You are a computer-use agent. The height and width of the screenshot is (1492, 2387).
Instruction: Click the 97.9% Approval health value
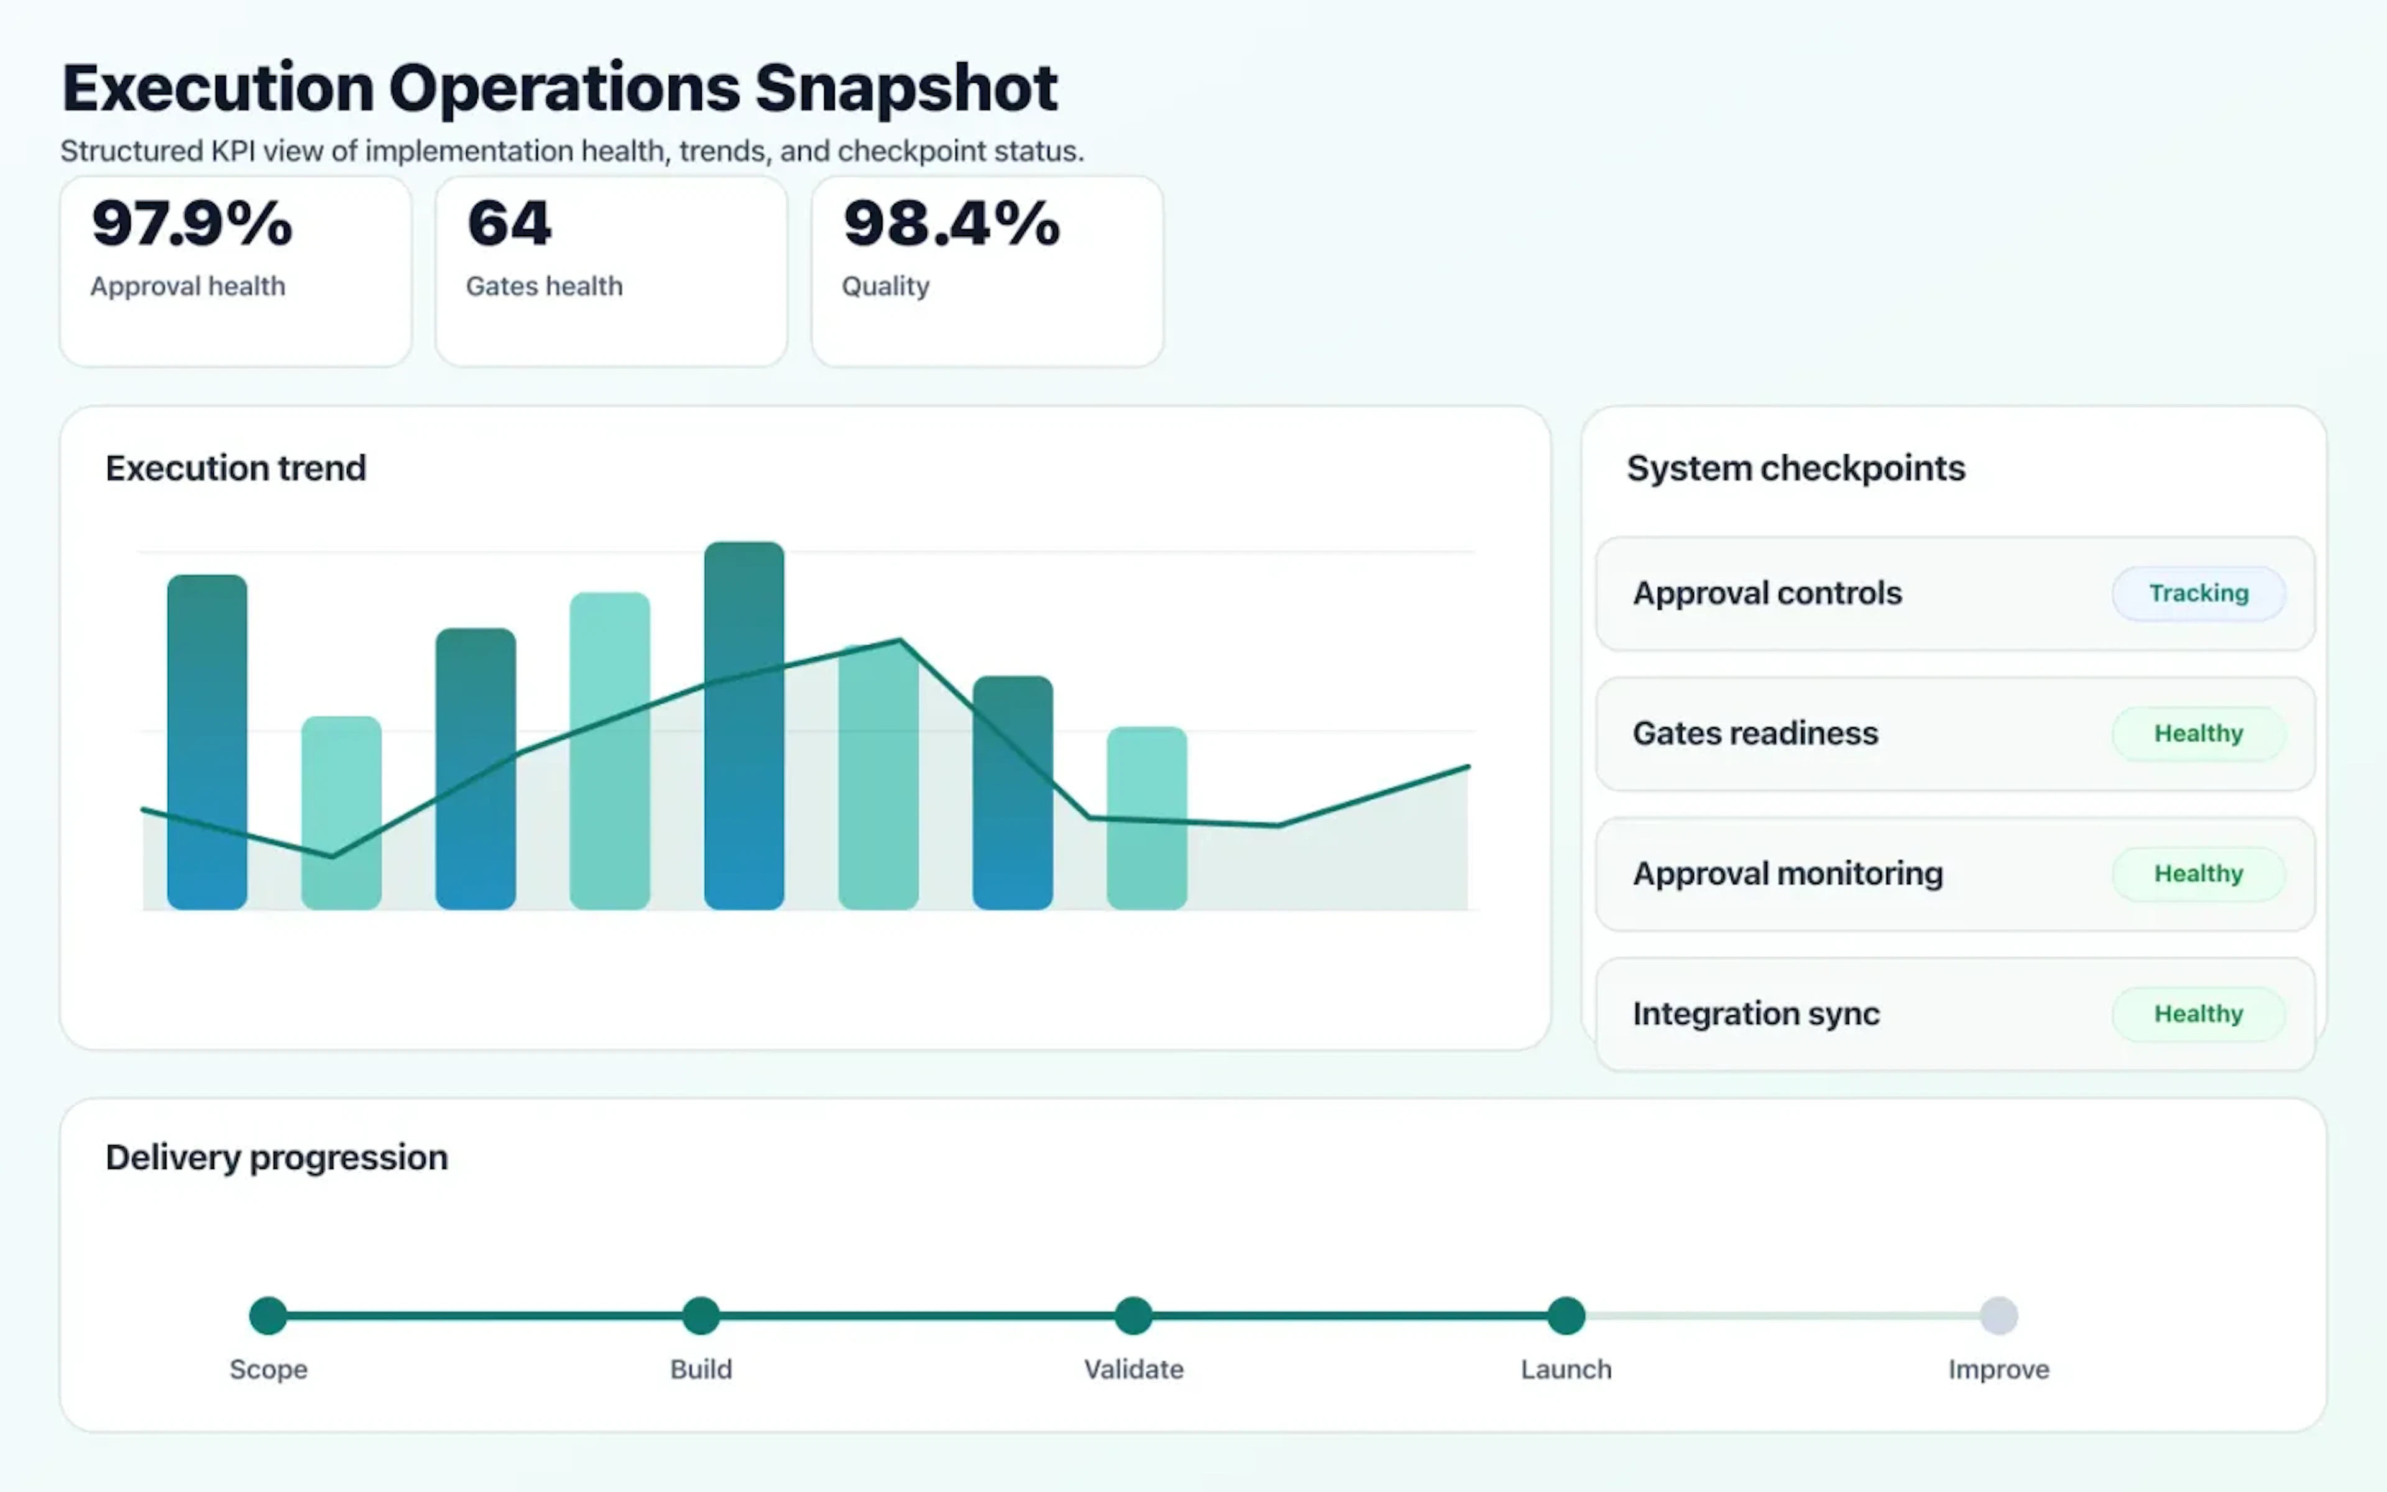pyautogui.click(x=192, y=223)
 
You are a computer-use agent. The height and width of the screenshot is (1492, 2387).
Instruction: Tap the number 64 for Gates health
pyautogui.click(x=509, y=223)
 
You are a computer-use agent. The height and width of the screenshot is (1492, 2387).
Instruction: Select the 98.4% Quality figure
pyautogui.click(x=951, y=223)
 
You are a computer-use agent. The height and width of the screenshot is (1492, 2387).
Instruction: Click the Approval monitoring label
pyautogui.click(x=1787, y=873)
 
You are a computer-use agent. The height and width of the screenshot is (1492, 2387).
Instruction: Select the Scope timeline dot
pyautogui.click(x=269, y=1315)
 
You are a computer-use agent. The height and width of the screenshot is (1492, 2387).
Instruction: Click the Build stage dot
pyautogui.click(x=701, y=1315)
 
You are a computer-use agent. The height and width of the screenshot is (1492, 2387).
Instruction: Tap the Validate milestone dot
pyautogui.click(x=1133, y=1315)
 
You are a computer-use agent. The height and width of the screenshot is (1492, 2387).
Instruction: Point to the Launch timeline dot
pyautogui.click(x=1565, y=1315)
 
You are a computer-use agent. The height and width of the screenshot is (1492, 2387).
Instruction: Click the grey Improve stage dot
pyautogui.click(x=1998, y=1315)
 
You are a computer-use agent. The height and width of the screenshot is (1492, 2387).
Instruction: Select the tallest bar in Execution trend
pyautogui.click(x=743, y=725)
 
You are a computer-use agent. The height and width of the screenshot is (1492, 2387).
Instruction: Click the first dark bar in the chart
pyautogui.click(x=207, y=740)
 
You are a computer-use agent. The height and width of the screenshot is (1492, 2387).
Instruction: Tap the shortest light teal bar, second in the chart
pyautogui.click(x=341, y=811)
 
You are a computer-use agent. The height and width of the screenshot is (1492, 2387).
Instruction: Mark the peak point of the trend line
pyautogui.click(x=899, y=642)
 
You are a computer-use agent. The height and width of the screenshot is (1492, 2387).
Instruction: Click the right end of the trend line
pyautogui.click(x=1467, y=767)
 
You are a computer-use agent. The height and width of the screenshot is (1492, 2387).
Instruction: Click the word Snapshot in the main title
pyautogui.click(x=906, y=89)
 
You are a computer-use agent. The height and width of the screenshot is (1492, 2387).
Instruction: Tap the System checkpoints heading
pyautogui.click(x=1795, y=467)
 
